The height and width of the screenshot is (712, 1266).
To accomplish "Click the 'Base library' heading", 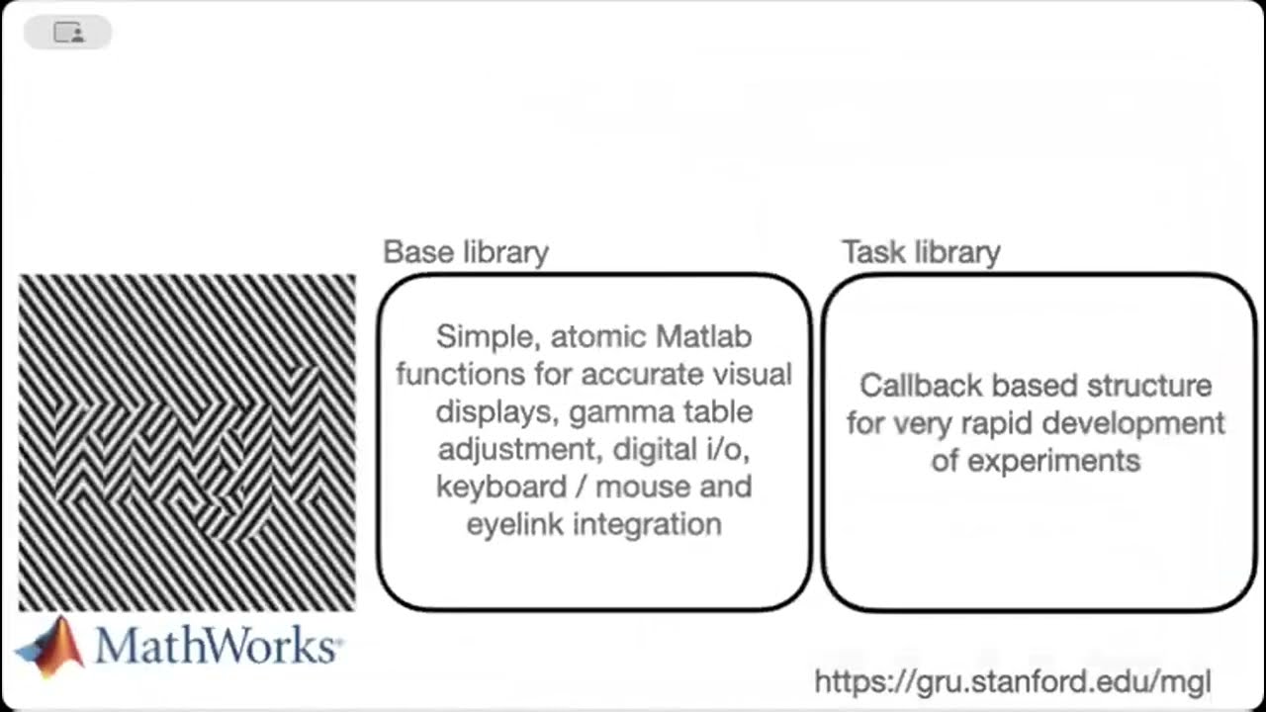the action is point(466,252).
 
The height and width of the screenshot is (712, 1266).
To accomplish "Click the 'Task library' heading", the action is point(921,252).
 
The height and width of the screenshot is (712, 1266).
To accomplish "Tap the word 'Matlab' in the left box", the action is point(703,337).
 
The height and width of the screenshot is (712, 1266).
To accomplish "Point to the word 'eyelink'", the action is point(515,524).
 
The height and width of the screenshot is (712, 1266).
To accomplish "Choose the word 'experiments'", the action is point(1053,462).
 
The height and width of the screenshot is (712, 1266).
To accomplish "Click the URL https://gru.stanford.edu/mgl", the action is point(1013,681).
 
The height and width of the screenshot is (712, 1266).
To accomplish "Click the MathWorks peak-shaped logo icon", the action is point(50,647).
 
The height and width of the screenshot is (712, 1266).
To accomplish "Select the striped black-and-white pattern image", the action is point(187,442).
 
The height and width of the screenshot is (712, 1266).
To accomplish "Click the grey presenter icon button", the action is point(68,33).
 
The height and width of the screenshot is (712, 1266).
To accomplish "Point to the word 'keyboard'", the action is point(501,488).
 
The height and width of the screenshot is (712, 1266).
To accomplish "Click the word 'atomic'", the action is point(598,337).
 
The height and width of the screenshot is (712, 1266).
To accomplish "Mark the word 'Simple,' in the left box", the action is point(489,338).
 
